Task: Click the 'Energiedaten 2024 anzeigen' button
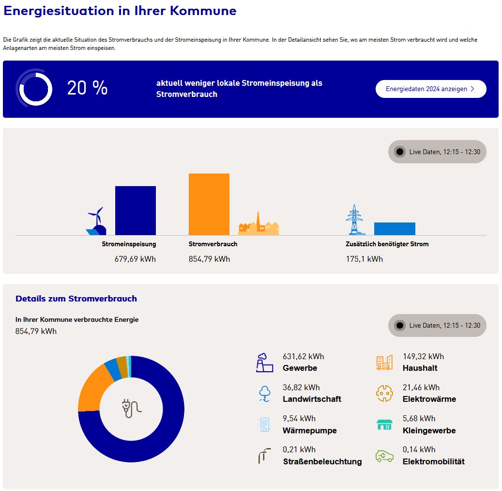pos(430,89)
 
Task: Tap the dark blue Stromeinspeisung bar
pos(135,211)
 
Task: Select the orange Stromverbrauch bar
pos(209,204)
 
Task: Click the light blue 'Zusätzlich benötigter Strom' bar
pos(395,229)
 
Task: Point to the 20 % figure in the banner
pos(87,88)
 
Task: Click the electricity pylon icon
pos(354,220)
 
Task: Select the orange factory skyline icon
pos(259,225)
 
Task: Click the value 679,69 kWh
pos(135,259)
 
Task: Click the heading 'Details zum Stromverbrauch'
pos(76,299)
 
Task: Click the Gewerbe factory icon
pos(265,363)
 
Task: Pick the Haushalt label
pos(420,368)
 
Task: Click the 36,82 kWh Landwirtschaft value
pos(301,387)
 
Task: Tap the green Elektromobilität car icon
pos(384,456)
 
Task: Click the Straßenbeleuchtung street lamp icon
pos(265,456)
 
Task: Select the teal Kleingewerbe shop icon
pos(384,425)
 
